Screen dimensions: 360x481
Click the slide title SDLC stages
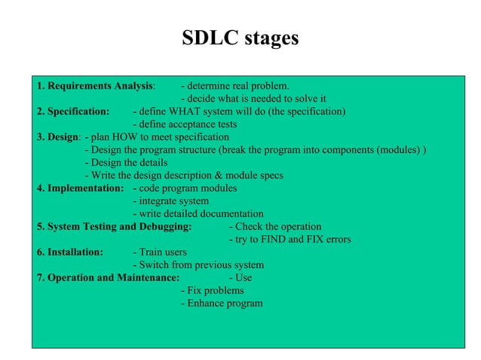[x=240, y=38]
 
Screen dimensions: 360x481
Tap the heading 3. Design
[x=58, y=137]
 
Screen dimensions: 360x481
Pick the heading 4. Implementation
[x=80, y=188]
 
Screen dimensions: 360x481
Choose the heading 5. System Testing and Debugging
[x=114, y=227]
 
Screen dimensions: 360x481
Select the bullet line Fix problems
[x=213, y=291]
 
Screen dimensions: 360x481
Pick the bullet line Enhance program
[x=222, y=304]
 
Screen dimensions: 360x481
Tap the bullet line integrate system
[x=171, y=201]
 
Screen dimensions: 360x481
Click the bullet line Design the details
[x=126, y=163]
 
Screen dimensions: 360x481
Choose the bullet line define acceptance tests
[x=185, y=124]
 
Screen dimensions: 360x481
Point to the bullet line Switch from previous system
[x=198, y=265]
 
